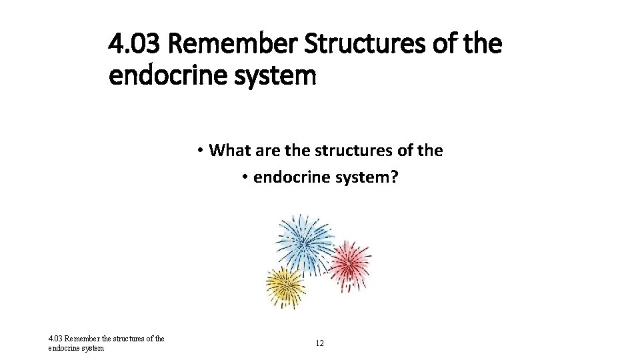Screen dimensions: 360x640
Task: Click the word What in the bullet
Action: tap(230, 150)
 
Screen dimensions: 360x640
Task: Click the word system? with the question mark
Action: tap(363, 179)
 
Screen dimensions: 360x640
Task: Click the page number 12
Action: tap(320, 343)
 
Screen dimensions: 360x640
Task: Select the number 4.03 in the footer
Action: tap(55, 339)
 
